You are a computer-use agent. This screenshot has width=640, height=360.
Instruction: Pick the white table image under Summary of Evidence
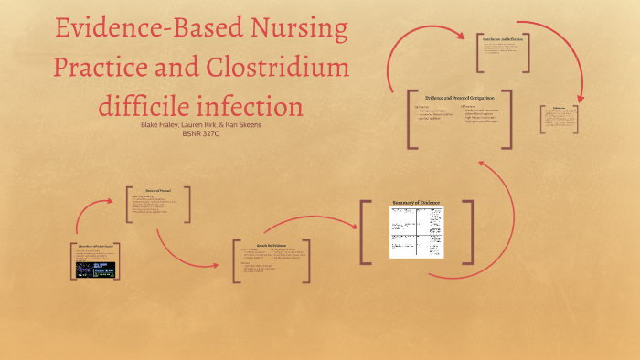[416, 232]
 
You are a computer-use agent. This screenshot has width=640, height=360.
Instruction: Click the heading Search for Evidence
[272, 246]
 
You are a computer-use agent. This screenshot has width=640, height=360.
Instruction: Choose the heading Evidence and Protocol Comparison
[459, 97]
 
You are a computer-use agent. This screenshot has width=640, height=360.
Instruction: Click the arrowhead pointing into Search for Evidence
[219, 264]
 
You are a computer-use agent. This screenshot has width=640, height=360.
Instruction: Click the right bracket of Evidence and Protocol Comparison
[508, 117]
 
